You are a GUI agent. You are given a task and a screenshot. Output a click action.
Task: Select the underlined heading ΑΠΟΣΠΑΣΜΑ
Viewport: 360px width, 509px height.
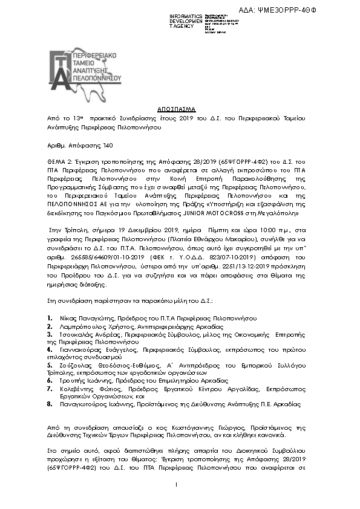tap(177, 109)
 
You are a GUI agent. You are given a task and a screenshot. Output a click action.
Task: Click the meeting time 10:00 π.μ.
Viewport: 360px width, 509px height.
tap(249, 230)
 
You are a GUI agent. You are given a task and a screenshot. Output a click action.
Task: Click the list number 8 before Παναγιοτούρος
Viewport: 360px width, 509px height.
tap(49, 405)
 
